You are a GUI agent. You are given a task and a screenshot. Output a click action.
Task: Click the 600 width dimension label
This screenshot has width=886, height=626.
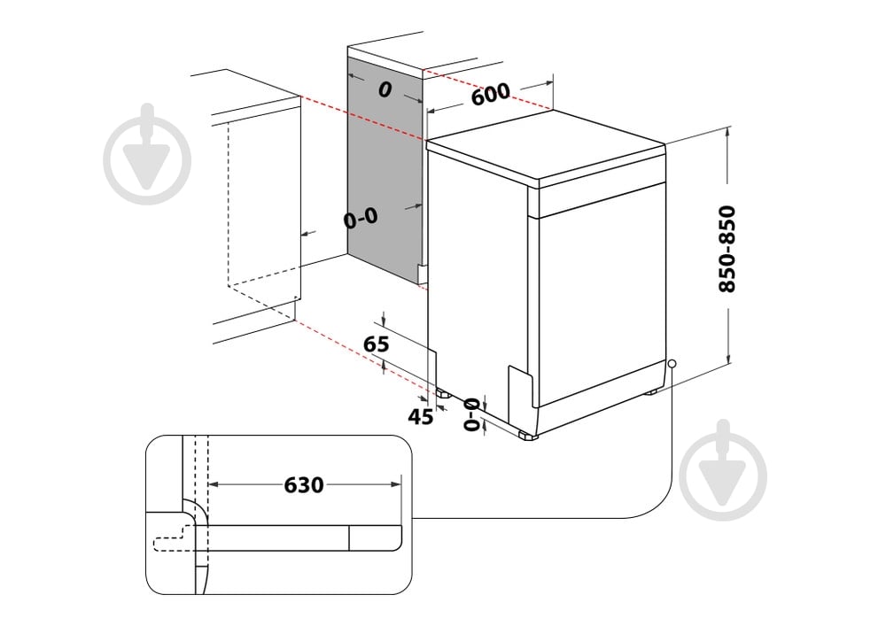490,94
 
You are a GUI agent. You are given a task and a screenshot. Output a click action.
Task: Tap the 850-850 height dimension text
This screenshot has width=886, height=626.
727,250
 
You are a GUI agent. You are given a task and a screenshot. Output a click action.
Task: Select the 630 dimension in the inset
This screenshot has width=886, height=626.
304,485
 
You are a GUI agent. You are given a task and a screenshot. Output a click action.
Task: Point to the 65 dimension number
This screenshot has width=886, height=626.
377,344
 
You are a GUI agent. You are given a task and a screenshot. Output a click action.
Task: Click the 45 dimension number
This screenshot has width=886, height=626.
421,416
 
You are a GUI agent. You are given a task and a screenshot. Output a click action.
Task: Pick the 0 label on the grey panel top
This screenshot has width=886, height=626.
384,89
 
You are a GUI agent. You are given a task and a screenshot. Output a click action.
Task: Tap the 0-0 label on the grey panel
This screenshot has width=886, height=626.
361,218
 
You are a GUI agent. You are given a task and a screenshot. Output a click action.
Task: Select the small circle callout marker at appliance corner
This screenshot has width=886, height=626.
672,363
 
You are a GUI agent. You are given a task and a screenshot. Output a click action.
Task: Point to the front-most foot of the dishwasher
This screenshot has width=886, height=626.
528,436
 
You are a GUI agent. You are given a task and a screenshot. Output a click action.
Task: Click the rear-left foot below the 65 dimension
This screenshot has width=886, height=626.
441,390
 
